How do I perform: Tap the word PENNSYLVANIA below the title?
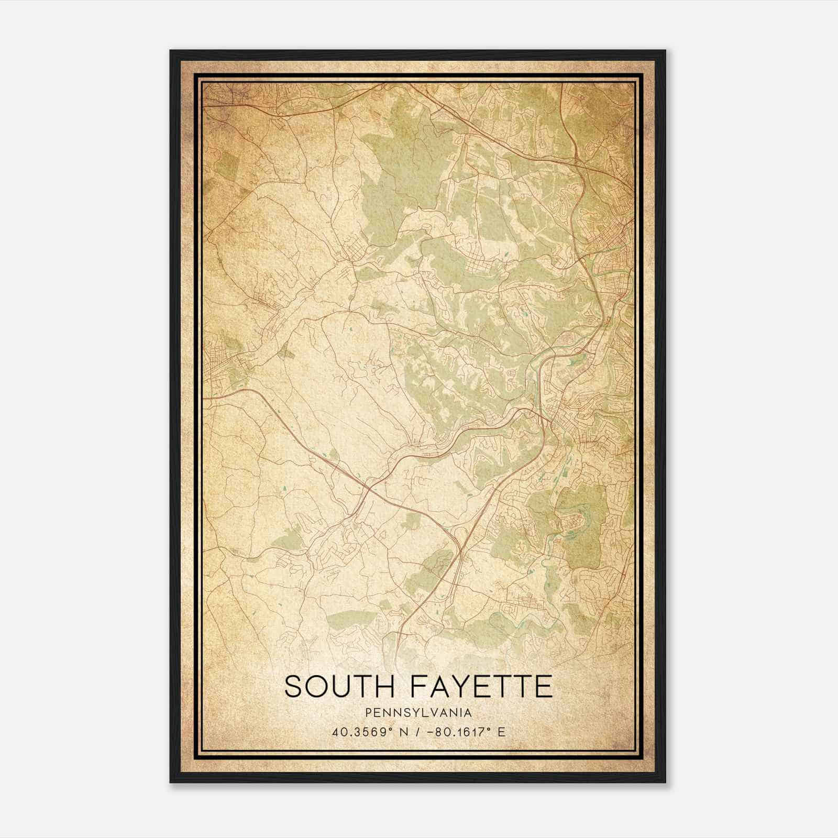tap(418, 713)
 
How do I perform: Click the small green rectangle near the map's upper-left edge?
tap(225, 166)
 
